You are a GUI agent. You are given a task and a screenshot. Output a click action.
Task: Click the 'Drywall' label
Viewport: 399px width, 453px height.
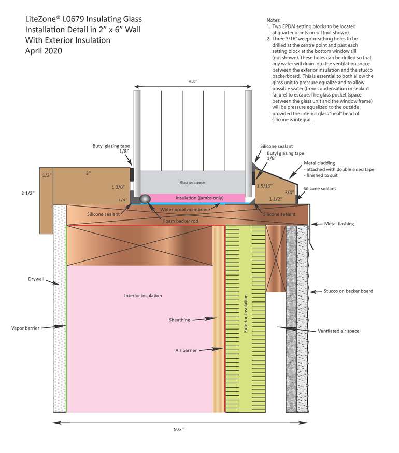coord(36,279)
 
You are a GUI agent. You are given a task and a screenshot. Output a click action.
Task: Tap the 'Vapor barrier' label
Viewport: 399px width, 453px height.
coord(24,327)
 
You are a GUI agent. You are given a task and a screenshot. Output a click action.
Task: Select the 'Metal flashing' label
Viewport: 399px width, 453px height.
coord(339,224)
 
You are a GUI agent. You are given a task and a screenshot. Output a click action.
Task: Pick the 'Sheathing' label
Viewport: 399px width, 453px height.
coord(179,320)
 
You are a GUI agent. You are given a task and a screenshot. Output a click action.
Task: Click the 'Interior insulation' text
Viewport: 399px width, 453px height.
coord(143,295)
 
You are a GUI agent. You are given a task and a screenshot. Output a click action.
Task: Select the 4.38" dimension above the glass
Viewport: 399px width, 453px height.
coord(192,81)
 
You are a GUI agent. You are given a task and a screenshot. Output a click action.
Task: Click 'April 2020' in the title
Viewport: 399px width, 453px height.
coord(44,51)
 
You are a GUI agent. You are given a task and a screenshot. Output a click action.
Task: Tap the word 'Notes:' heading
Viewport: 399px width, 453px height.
coord(274,19)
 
